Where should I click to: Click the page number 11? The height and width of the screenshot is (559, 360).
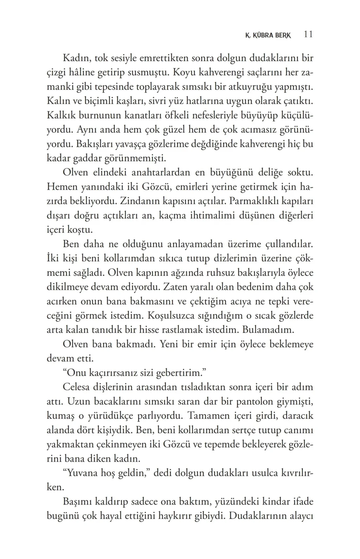[x=308, y=34]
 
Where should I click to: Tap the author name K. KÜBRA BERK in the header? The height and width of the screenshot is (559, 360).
[x=268, y=36]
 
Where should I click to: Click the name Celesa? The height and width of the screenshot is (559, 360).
[x=78, y=387]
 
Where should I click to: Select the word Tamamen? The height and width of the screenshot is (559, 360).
[x=207, y=416]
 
